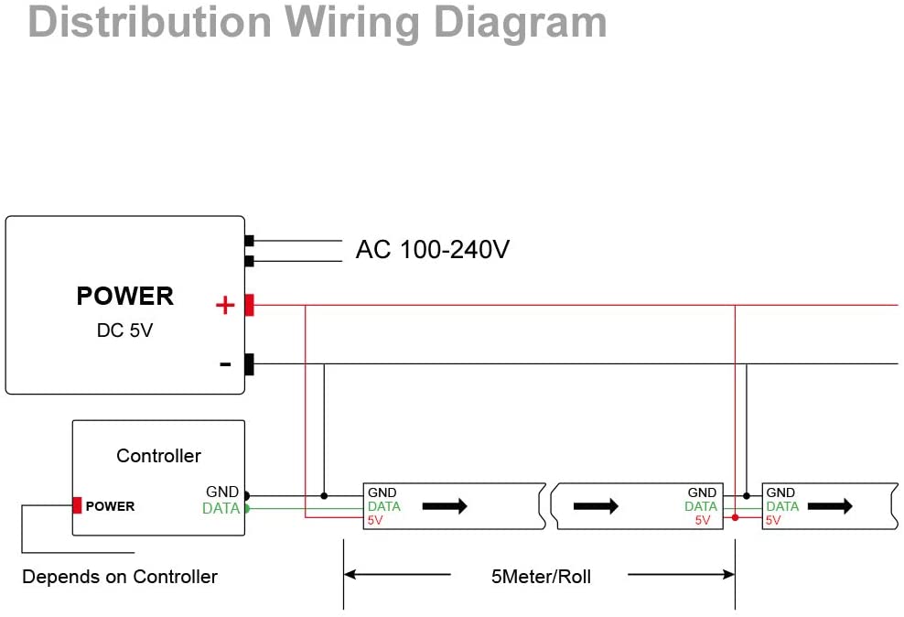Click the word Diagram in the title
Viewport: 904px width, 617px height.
[520, 23]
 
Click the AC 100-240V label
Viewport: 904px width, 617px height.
[433, 250]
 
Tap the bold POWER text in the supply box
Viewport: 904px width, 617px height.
[124, 296]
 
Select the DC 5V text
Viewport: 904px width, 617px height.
[124, 330]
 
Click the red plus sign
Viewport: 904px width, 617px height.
[225, 305]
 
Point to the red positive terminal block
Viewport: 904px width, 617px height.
[249, 305]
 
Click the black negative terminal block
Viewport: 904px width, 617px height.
[249, 364]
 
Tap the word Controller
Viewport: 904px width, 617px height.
[158, 456]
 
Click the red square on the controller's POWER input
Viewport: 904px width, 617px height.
[77, 505]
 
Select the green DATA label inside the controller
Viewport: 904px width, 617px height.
[221, 508]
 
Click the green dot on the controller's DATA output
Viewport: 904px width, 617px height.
[247, 509]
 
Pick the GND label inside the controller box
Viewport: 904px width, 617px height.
[222, 492]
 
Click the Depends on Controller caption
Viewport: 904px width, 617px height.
[120, 577]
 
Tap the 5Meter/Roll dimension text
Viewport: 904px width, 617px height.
[541, 577]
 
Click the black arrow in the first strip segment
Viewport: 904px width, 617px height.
[445, 506]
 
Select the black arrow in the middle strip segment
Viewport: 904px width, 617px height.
[596, 506]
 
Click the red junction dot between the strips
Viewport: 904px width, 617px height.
[735, 518]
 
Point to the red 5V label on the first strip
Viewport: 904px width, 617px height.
[375, 520]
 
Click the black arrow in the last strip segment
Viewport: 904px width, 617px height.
[830, 506]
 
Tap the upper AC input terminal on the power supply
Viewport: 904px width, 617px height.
[249, 241]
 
